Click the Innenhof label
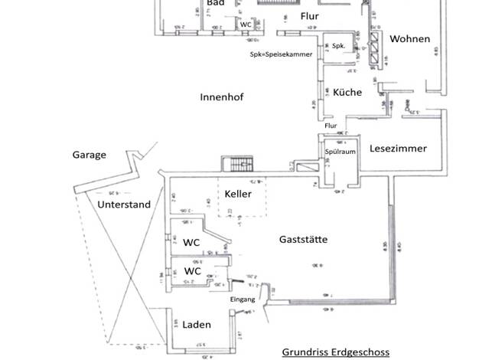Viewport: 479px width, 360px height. (221, 97)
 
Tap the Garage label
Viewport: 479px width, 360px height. (90, 155)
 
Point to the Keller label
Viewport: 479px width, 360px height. (238, 194)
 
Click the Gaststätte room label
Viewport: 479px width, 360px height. (304, 240)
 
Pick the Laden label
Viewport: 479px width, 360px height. (197, 325)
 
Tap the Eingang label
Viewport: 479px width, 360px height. (243, 299)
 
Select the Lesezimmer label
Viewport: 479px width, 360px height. (398, 149)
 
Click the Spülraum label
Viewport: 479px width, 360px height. (341, 152)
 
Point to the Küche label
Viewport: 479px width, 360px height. (347, 93)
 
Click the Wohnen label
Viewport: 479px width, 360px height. (409, 39)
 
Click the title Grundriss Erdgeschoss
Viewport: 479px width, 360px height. (336, 352)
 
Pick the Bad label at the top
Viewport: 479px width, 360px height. (215, 3)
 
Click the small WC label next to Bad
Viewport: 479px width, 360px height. (246, 25)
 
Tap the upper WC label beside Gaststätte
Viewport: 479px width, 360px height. (191, 241)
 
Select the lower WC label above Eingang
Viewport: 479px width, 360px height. (193, 271)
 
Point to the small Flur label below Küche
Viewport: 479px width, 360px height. (331, 126)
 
